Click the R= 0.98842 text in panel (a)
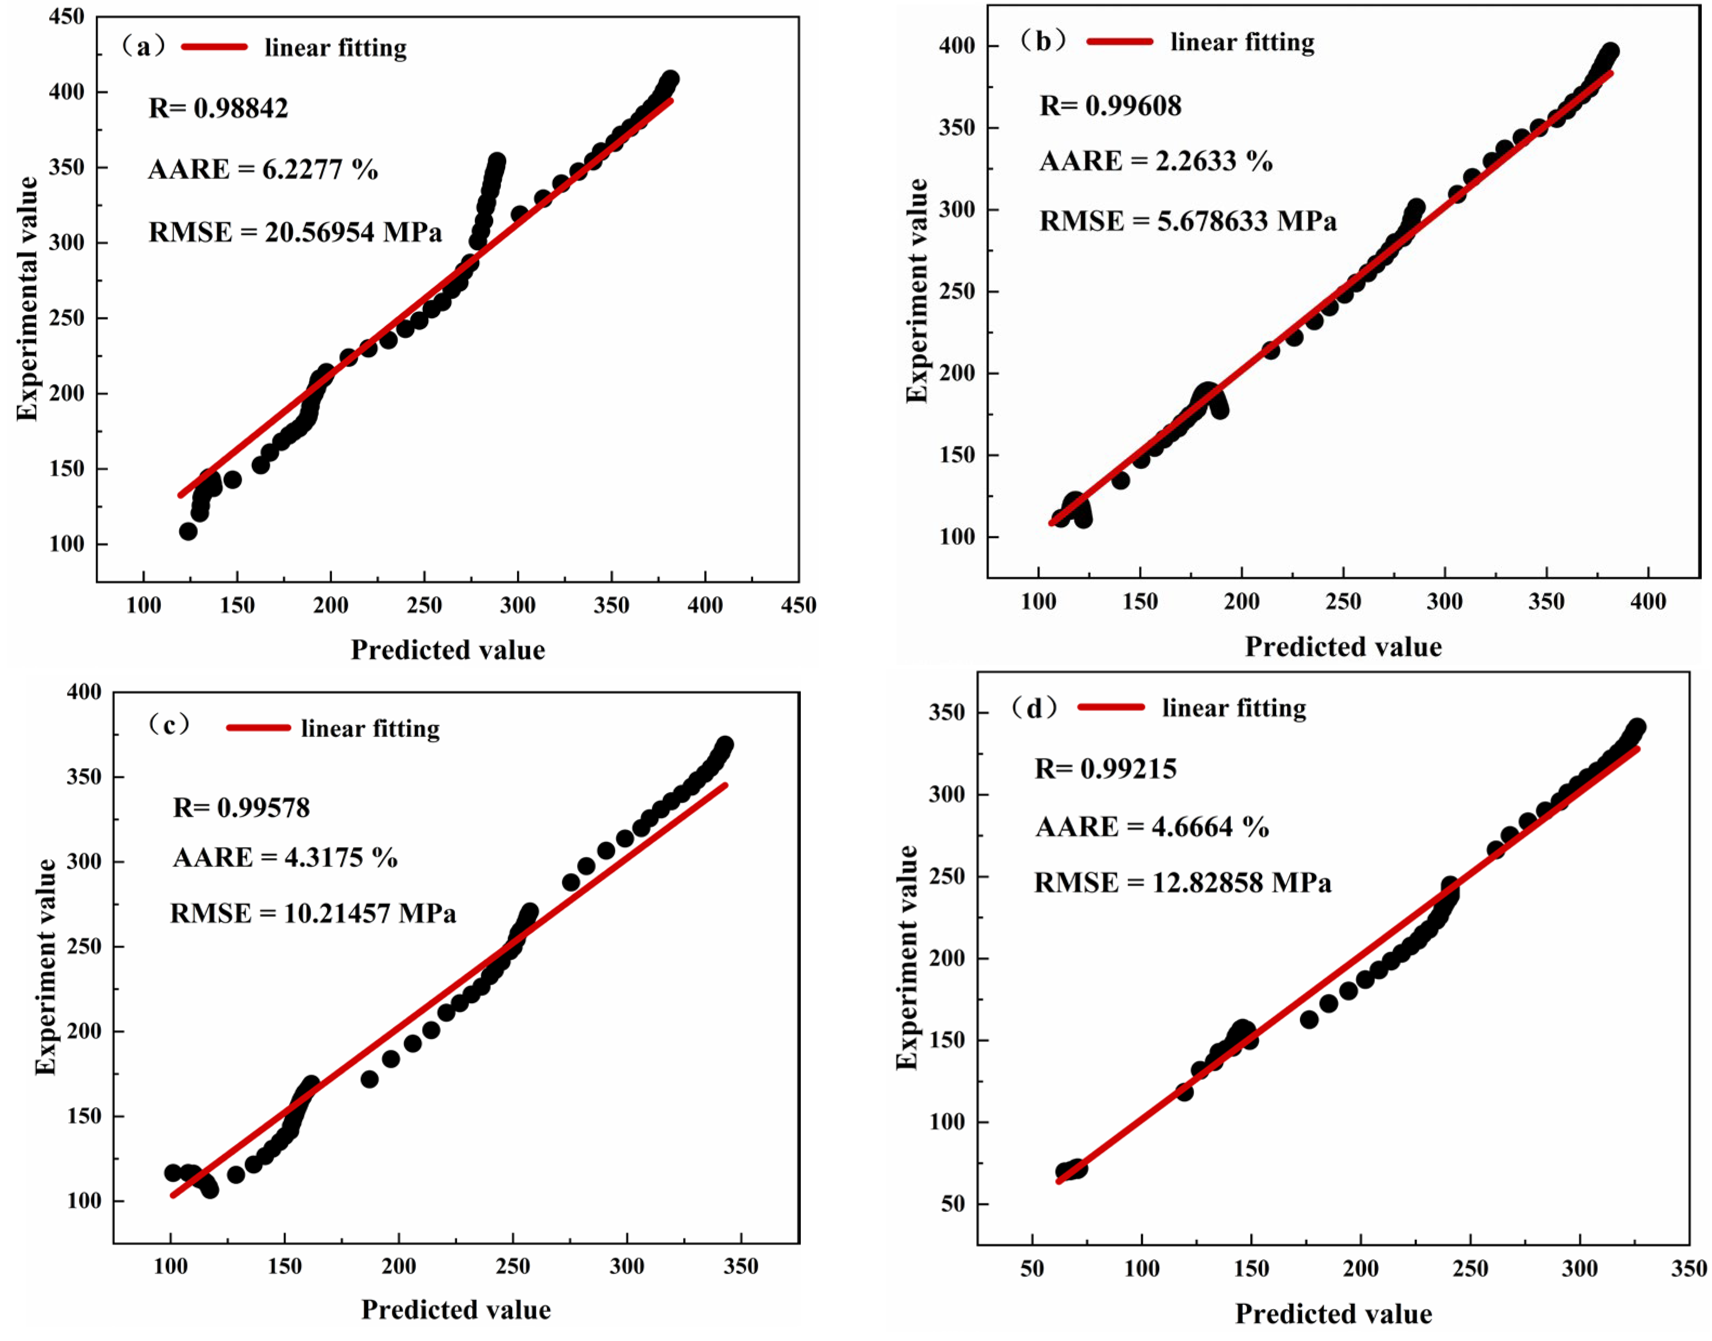[218, 108]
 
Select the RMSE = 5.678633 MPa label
[1187, 221]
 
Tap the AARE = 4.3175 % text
[285, 858]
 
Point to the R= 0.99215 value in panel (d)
[1105, 769]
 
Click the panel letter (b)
[1042, 41]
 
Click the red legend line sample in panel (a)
[214, 47]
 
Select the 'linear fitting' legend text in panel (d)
[1234, 708]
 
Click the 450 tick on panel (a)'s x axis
[799, 605]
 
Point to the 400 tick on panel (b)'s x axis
[1648, 602]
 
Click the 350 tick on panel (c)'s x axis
[741, 1266]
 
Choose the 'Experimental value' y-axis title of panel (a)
[28, 298]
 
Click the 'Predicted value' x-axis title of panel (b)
[1343, 647]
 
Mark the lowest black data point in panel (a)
[188, 532]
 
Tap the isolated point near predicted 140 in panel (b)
[1121, 480]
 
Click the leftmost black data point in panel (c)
[173, 1173]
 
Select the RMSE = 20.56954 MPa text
[295, 232]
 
